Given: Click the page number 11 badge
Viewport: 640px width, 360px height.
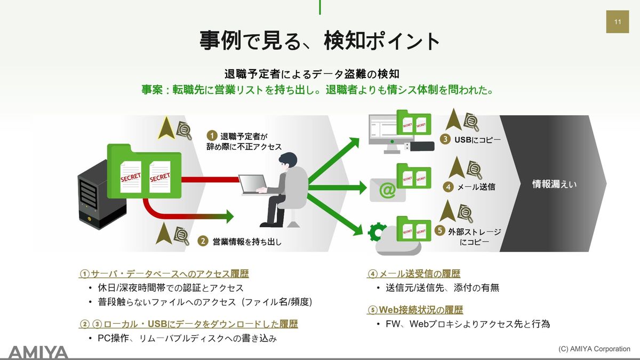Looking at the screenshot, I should (617, 22).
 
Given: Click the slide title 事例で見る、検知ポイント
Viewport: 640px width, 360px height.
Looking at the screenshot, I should (320, 41).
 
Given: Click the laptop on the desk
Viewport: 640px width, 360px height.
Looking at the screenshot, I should (252, 183).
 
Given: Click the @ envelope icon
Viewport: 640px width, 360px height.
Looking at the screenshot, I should (388, 190).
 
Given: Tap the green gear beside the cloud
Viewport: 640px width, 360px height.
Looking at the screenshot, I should (377, 231).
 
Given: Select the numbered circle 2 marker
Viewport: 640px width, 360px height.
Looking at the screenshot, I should (203, 241).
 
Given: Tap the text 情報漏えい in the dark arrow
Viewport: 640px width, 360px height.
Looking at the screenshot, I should (555, 184).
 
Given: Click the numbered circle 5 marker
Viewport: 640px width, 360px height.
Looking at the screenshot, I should (439, 231).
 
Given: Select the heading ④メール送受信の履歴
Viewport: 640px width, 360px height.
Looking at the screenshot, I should (413, 274).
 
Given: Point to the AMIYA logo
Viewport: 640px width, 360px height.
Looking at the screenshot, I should (38, 352).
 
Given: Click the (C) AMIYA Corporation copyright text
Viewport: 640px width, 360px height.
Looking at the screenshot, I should (594, 349).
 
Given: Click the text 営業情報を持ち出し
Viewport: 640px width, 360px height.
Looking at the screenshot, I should (246, 242).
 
